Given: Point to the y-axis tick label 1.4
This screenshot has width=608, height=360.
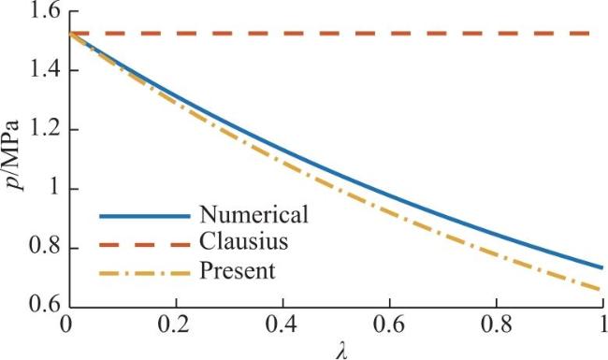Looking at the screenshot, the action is (x=45, y=70).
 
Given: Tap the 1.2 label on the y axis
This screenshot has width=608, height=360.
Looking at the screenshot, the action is (x=45, y=130).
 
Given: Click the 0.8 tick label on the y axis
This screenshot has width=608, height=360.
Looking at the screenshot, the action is (x=45, y=249).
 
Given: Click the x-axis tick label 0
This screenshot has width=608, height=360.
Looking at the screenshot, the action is (x=65, y=324).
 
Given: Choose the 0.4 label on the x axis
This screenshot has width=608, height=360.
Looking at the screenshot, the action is (x=282, y=324).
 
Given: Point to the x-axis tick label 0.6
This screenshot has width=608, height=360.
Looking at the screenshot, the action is (x=388, y=324).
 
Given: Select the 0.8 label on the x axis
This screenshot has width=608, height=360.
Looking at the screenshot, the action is (x=497, y=324).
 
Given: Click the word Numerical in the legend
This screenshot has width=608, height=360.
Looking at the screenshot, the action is (x=254, y=214).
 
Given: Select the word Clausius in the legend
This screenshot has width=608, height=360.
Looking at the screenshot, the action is (x=244, y=241).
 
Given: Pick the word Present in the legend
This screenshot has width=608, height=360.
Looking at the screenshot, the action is (x=238, y=270).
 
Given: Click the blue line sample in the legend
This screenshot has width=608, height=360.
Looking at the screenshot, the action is (x=145, y=217).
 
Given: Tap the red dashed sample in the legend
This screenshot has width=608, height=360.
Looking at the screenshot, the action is (x=145, y=245).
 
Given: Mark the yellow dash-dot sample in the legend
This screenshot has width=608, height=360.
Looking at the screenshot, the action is (x=145, y=274).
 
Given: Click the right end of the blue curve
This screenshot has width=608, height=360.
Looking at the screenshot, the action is (x=602, y=267).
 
